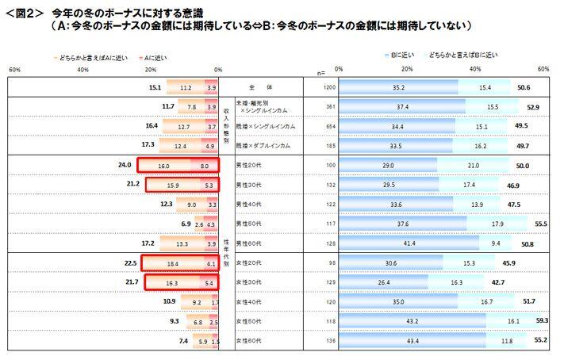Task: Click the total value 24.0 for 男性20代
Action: coord(123,165)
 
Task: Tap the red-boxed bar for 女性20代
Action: coord(178,262)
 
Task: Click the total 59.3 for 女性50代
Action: coord(542,321)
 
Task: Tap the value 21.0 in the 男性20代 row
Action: coord(473,165)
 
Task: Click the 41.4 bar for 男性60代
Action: coord(409,243)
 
